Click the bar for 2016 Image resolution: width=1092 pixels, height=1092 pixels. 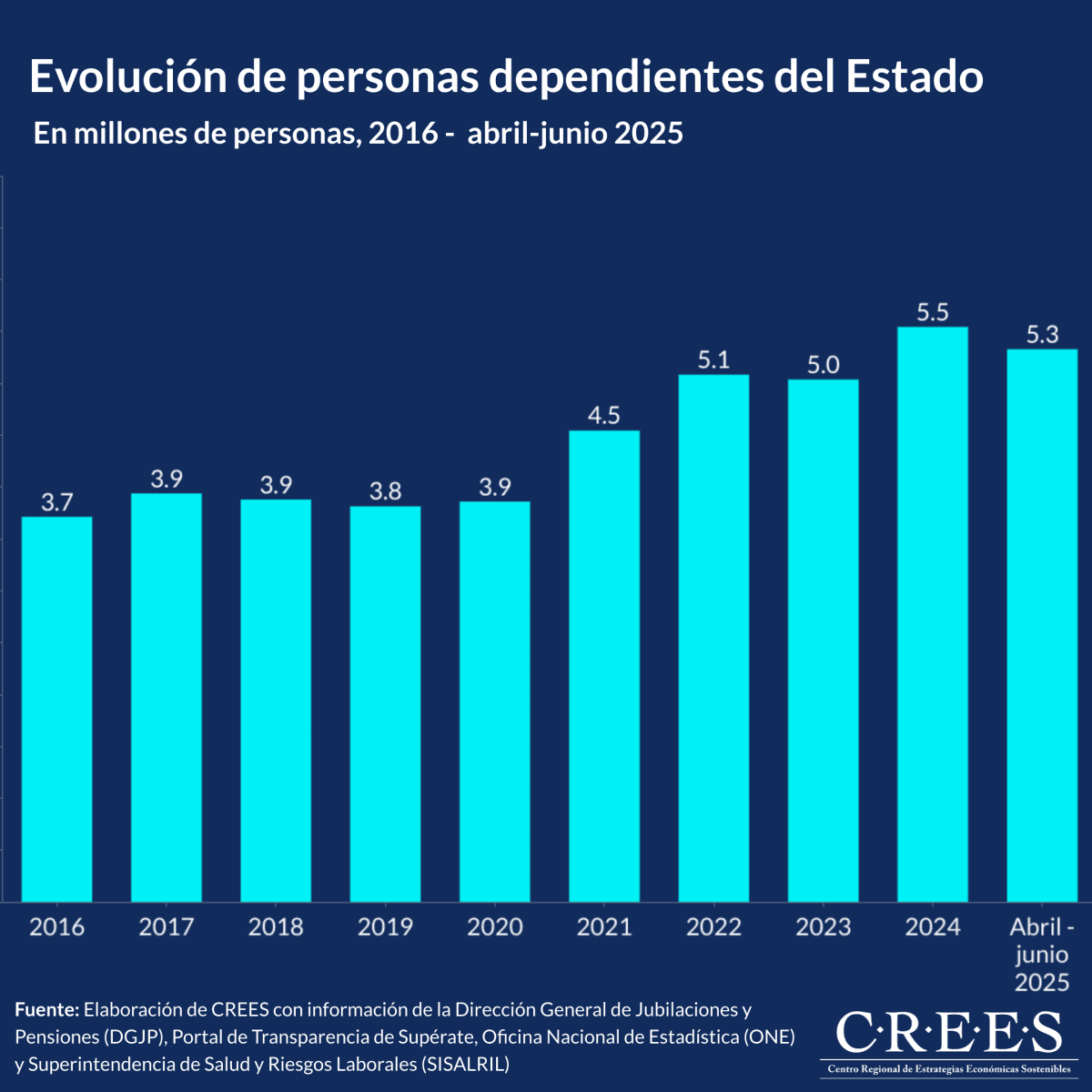tap(56, 710)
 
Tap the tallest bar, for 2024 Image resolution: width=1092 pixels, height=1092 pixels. tap(933, 614)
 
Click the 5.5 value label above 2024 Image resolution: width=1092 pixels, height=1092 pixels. tap(933, 312)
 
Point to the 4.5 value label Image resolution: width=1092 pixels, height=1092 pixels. tap(604, 416)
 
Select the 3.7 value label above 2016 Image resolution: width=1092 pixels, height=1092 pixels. tap(56, 502)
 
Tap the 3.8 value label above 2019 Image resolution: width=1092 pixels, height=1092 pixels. tap(386, 491)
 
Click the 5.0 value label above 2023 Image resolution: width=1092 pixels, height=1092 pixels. tap(824, 365)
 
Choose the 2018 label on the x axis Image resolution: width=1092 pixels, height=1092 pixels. tap(276, 927)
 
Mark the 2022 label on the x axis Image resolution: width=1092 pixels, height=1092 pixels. tap(713, 927)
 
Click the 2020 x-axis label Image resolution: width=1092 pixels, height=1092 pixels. tap(495, 927)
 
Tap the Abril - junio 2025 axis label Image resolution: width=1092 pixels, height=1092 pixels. tap(1042, 954)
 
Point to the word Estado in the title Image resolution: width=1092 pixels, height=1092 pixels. tap(915, 76)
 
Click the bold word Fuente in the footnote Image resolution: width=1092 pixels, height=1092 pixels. tap(46, 1010)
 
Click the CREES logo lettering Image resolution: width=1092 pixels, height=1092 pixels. tap(948, 1034)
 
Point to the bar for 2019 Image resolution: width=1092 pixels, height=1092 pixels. tap(386, 704)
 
